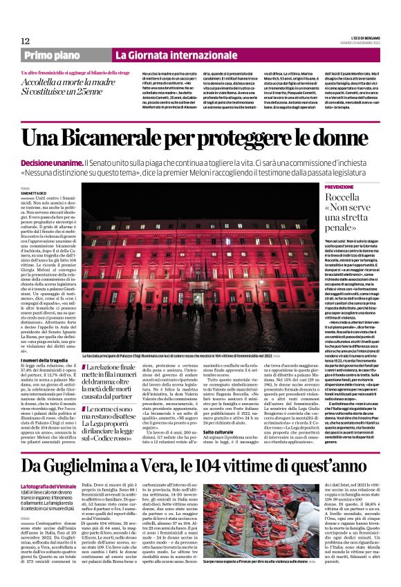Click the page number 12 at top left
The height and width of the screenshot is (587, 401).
pos(24,41)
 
